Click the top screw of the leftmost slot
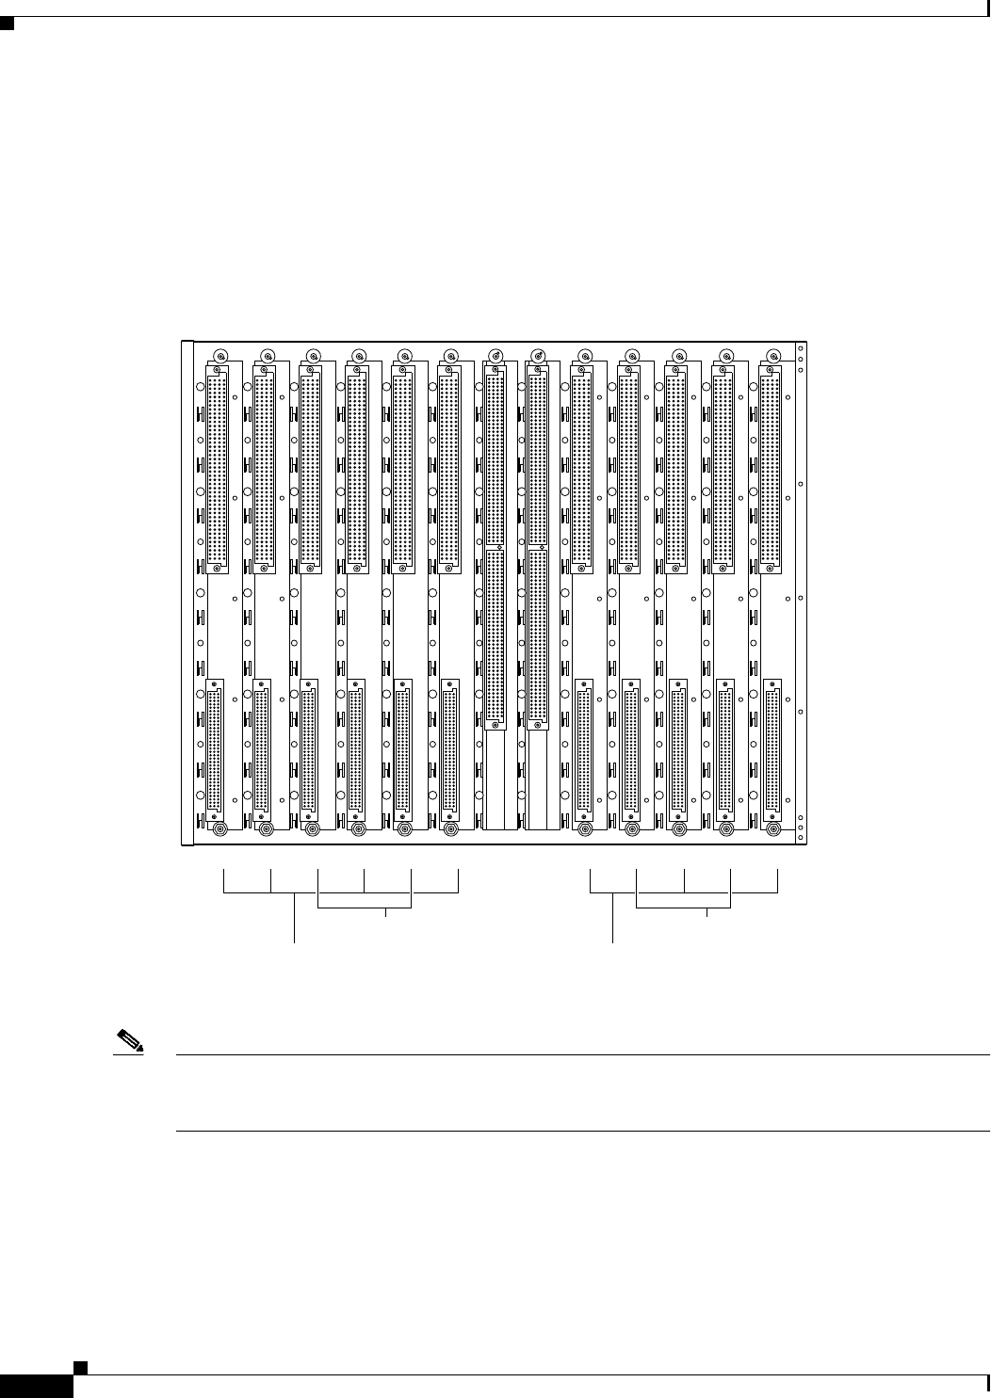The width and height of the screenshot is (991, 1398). [219, 356]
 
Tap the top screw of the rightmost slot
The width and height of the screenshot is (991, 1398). [774, 356]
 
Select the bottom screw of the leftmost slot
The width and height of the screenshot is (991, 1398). [219, 829]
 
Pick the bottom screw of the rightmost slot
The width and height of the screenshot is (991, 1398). [774, 829]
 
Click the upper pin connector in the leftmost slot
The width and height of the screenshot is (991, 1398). [215, 471]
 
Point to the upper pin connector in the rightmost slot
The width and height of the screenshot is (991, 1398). [770, 471]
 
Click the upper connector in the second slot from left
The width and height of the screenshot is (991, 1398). [263, 471]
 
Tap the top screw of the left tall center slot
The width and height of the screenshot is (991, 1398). [495, 356]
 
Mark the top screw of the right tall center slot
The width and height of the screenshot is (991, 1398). [539, 356]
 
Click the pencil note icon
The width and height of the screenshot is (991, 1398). [129, 1043]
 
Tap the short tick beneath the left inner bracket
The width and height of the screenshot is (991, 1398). [387, 912]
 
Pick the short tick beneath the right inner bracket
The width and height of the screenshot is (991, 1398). [707, 912]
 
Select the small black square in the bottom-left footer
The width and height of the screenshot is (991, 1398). [80, 1366]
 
